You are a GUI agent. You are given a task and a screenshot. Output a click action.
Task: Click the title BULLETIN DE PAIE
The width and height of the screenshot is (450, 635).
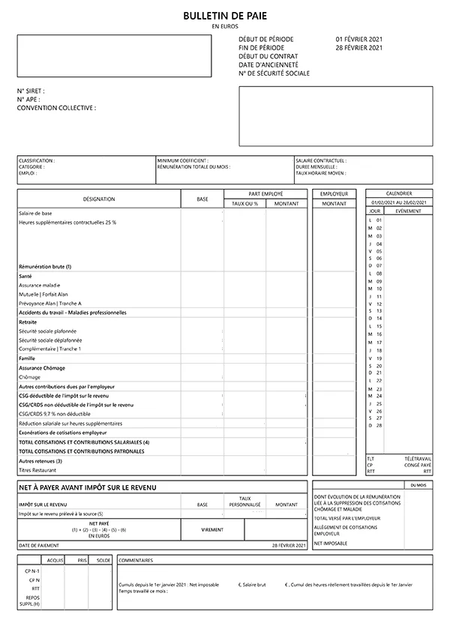[225, 16]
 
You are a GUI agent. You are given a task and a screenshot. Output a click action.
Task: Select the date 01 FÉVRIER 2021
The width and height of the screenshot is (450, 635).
[359, 39]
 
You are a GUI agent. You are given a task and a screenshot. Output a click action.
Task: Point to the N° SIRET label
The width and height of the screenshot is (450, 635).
[31, 91]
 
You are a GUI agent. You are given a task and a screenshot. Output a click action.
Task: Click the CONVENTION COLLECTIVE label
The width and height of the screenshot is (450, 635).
[56, 108]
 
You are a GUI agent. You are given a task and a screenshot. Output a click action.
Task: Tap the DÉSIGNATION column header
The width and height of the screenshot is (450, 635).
[99, 199]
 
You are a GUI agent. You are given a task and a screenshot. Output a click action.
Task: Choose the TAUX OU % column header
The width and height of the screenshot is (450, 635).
[244, 204]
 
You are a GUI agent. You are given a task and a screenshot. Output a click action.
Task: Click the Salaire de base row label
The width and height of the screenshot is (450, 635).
[35, 214]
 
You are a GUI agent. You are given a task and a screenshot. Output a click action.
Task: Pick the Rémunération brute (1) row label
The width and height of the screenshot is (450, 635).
[45, 267]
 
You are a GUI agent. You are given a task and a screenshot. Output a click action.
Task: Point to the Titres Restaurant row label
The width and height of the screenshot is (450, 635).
[37, 470]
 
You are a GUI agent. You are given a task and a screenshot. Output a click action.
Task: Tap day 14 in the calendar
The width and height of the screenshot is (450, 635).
[379, 319]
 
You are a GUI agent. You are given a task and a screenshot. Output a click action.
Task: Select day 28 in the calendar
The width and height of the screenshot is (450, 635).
[379, 425]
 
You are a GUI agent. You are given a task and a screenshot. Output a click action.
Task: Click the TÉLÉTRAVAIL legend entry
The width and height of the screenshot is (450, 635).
[418, 458]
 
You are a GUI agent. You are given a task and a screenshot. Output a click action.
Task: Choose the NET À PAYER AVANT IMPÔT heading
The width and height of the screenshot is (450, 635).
[87, 488]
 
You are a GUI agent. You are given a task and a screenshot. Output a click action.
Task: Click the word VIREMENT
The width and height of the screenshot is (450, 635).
[212, 529]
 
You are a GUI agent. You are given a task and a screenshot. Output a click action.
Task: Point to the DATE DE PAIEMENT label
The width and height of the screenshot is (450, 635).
[38, 545]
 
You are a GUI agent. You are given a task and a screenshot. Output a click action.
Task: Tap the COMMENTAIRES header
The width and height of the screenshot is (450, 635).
[136, 560]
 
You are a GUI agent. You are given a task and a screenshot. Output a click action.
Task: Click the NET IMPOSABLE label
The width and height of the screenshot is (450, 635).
[331, 542]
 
